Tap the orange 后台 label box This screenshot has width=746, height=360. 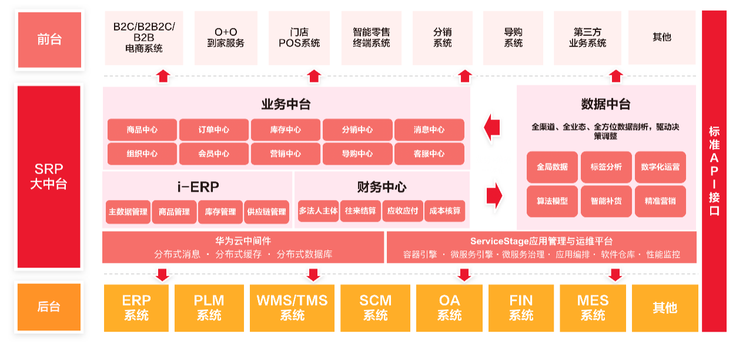coord(49,306)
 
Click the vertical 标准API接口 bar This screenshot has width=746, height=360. coord(714,171)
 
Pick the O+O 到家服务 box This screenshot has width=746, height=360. coord(226,38)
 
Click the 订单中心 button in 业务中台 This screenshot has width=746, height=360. coord(214,130)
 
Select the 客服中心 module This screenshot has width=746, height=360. coord(429,154)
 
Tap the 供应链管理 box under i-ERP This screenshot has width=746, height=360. coord(267,212)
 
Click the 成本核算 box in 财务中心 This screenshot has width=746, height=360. coord(445,211)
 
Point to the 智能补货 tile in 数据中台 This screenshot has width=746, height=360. coord(606,201)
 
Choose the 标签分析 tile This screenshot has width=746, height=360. coord(606,167)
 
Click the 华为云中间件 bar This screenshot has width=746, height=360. coord(243,248)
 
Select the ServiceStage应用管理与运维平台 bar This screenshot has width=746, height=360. coord(541,248)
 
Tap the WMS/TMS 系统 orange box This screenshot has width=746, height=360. coord(292,308)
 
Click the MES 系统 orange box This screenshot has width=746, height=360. coord(593,308)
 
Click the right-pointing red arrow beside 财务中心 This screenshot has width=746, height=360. coord(495,195)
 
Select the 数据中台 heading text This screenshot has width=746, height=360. coord(606,105)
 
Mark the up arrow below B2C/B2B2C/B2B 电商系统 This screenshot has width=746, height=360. coord(163,76)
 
